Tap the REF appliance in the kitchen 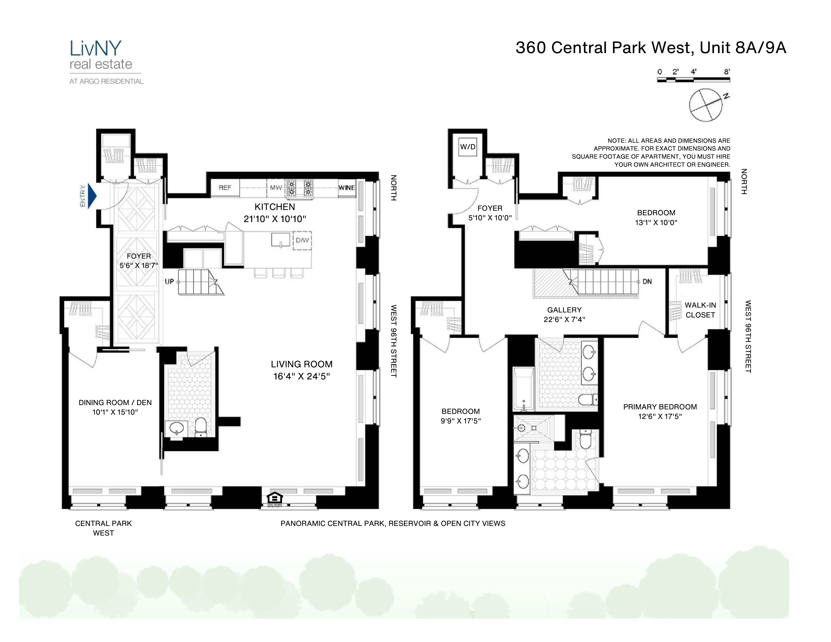tap(225, 188)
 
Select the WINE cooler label tap(347, 188)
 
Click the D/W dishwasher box tap(302, 240)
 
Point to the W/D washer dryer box tap(468, 147)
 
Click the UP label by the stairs tap(169, 281)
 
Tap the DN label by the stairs tap(647, 281)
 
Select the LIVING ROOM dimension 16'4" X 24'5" tap(301, 376)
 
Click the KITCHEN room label tap(275, 207)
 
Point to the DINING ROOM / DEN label tap(115, 402)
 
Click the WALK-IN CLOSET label tap(700, 310)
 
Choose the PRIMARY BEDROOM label tap(660, 407)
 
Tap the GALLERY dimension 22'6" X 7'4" tap(564, 319)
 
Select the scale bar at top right tap(693, 80)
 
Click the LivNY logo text tap(95, 49)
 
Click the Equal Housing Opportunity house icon tap(275, 497)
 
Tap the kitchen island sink tap(281, 240)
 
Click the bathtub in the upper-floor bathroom tap(524, 389)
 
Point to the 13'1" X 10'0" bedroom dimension tap(656, 223)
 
